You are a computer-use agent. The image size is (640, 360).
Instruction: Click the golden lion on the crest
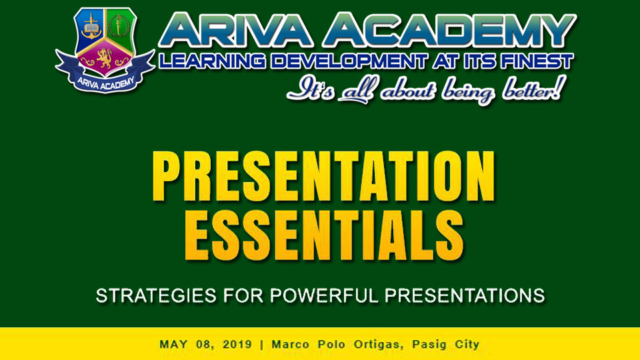105,59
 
